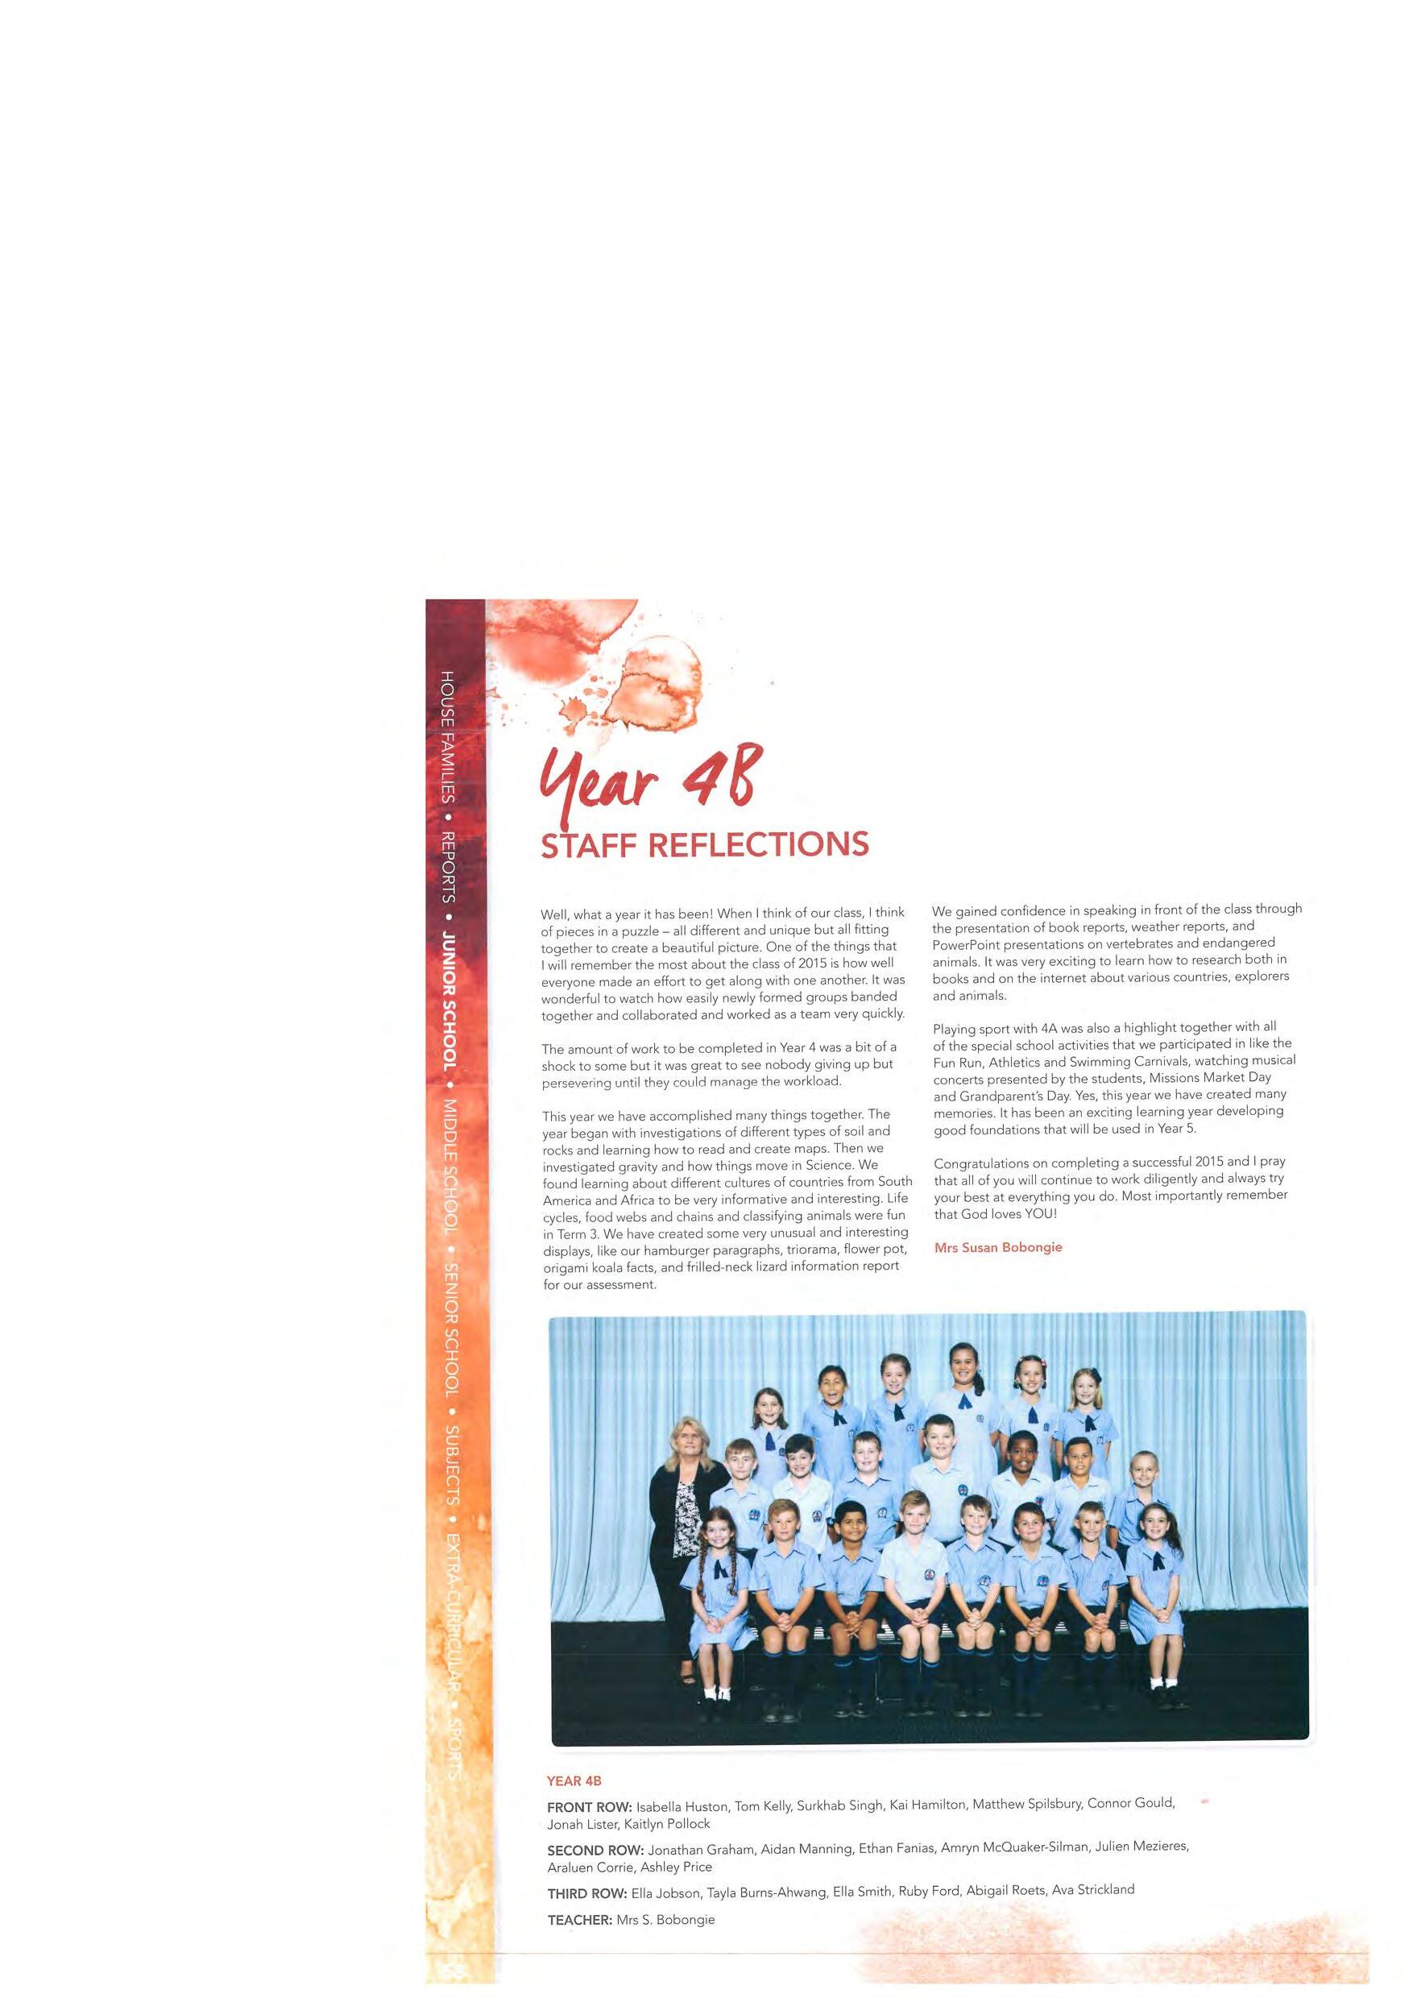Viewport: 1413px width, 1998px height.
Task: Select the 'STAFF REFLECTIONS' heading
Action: [x=705, y=845]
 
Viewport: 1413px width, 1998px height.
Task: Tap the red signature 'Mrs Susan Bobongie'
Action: [x=998, y=1247]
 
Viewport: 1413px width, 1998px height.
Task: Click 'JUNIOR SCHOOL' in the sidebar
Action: [x=449, y=1001]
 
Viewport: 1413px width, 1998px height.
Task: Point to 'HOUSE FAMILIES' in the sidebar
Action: [x=447, y=737]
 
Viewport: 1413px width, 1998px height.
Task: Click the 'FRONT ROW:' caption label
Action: [x=589, y=1806]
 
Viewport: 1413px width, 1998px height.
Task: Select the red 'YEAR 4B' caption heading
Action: [x=574, y=1780]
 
